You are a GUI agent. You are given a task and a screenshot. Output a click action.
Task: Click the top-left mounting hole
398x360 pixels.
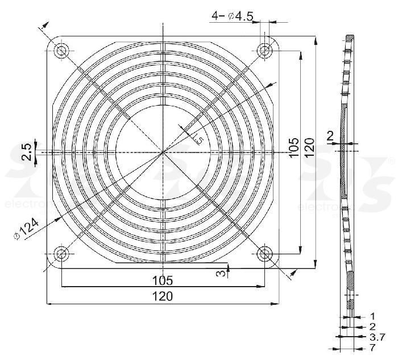pos(61,51)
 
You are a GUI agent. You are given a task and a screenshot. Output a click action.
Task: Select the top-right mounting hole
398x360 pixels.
pos(264,51)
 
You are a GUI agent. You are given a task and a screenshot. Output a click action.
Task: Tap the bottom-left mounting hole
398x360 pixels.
pos(61,254)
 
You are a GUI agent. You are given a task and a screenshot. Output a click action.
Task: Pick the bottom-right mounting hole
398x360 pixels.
pos(264,254)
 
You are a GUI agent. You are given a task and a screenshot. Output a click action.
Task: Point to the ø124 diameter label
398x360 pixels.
pos(26,230)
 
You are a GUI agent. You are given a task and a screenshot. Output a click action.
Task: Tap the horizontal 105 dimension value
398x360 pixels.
pos(163,280)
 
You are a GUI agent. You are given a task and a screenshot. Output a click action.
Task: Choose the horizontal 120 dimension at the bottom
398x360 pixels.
pos(163,297)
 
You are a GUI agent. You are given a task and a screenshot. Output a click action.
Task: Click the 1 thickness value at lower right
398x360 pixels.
pos(372,316)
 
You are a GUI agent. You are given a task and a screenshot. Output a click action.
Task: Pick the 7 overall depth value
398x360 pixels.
pos(372,346)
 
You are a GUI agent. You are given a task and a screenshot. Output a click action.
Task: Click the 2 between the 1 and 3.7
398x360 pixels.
pos(372,326)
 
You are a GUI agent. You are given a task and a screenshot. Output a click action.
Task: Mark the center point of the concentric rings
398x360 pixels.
pos(163,152)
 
